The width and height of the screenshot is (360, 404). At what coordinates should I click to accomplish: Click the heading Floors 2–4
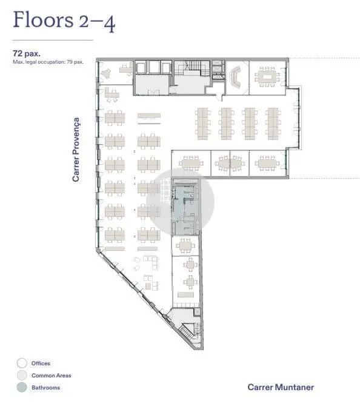(64, 21)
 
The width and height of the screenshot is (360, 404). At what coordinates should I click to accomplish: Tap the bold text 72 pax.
(27, 53)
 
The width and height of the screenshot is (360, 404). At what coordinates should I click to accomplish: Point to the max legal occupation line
(48, 62)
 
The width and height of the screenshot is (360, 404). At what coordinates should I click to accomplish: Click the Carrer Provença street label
(76, 150)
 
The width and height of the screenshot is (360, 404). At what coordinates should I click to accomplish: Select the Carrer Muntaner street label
(281, 387)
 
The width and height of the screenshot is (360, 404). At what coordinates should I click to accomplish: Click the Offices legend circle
(22, 363)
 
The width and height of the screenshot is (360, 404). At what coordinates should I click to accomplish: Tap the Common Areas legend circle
(22, 375)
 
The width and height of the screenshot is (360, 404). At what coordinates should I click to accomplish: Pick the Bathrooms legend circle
(22, 387)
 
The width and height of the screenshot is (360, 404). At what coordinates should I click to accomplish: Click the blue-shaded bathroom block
(185, 207)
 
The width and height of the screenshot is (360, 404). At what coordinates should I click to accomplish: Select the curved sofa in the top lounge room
(236, 77)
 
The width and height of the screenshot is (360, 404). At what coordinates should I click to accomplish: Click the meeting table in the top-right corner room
(267, 77)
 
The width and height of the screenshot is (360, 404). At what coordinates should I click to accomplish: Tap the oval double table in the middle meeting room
(230, 164)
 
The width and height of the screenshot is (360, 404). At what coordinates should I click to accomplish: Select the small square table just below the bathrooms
(185, 245)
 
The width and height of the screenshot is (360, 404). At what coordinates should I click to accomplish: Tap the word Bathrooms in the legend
(46, 388)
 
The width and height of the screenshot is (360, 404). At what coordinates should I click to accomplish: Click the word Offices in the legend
(41, 363)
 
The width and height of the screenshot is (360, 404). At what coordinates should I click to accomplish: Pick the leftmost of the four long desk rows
(202, 124)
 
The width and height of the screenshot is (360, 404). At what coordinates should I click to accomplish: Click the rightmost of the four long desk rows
(273, 124)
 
